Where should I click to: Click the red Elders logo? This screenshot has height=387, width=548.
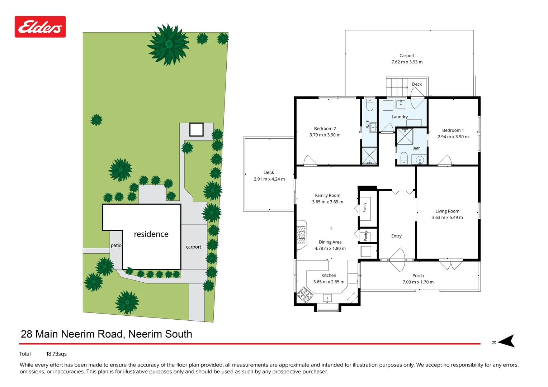point(40,27)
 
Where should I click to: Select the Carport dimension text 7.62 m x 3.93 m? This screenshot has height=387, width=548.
point(407,62)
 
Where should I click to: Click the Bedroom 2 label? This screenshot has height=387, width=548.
point(325,128)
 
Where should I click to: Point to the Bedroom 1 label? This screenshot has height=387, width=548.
point(453,130)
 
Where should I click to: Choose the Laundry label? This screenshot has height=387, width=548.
point(400,117)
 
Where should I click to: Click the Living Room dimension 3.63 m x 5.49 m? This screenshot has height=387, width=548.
point(447,218)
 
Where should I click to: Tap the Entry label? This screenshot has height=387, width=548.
point(396,236)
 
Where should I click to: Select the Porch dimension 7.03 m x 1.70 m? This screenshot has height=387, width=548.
point(418,282)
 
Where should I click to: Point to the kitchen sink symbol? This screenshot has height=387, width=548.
point(327,298)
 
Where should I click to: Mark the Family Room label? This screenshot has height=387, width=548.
point(327,195)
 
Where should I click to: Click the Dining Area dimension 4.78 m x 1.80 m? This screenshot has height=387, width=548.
point(330,248)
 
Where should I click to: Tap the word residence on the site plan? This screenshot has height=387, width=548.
point(151,234)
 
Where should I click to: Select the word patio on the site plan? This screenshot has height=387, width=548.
point(116,245)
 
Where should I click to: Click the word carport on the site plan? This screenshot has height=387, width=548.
point(194,247)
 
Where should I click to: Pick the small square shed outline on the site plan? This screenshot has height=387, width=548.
point(197,130)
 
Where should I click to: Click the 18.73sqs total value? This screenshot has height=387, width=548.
point(56,354)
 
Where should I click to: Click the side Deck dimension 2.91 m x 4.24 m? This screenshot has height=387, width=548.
point(269,179)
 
